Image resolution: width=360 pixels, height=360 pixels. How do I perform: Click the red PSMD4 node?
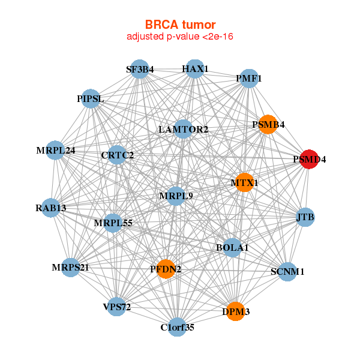point(309,160)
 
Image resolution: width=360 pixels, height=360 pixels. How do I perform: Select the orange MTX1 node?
point(244,182)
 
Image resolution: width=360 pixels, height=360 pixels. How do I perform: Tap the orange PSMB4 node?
point(267,125)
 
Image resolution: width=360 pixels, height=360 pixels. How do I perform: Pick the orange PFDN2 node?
point(166,269)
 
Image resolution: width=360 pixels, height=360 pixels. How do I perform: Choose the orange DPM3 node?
point(236,311)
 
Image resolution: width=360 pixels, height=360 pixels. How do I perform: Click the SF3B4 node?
point(139,69)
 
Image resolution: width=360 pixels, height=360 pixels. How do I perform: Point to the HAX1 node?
point(194,69)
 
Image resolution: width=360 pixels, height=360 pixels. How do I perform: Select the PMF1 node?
point(248,78)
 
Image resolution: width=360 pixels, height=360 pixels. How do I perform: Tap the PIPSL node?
point(91,98)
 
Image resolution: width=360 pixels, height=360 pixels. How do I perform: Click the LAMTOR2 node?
point(184,129)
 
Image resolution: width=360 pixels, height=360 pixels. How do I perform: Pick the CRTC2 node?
point(118,155)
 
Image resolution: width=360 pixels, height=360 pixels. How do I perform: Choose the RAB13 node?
point(51,208)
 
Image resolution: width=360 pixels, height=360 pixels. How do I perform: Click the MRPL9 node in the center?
point(175,196)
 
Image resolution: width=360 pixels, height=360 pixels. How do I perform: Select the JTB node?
point(305,217)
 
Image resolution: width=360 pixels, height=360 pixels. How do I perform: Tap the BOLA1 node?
point(232,247)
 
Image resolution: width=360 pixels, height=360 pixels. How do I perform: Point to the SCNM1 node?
point(287,272)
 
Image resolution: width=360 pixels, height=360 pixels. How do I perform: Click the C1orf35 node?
point(177,327)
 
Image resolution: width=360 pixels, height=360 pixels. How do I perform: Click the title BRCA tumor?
point(180,25)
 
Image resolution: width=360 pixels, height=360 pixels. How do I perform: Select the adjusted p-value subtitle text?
point(180,37)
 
